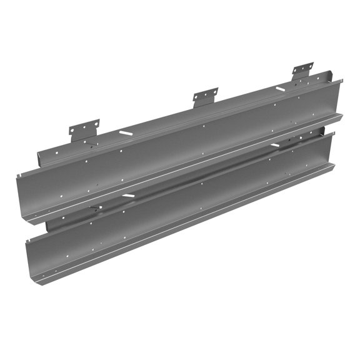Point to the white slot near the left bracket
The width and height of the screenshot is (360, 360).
(125, 134)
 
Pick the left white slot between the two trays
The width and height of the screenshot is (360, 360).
(128, 197)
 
